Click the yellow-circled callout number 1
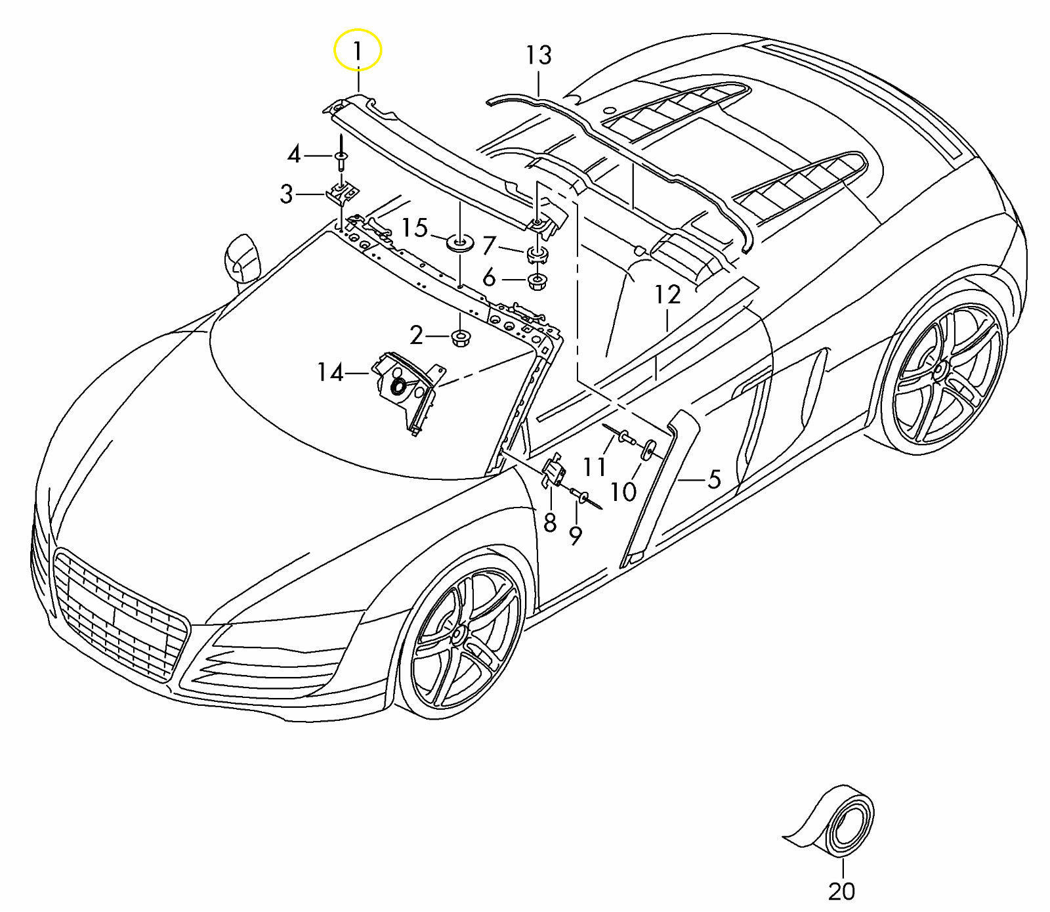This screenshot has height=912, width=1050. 358,51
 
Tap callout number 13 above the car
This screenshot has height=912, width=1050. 538,56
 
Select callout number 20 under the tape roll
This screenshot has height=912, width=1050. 841,891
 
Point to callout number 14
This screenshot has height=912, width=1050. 330,373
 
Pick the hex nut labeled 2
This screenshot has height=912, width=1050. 459,339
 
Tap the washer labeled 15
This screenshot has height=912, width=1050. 459,244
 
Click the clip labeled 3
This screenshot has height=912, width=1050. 343,192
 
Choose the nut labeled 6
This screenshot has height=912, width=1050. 537,283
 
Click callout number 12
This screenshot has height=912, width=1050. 667,295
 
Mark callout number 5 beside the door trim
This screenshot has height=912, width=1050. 714,479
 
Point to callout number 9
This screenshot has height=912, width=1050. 575,536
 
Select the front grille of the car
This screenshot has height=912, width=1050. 118,614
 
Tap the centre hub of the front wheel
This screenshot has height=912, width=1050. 457,634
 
